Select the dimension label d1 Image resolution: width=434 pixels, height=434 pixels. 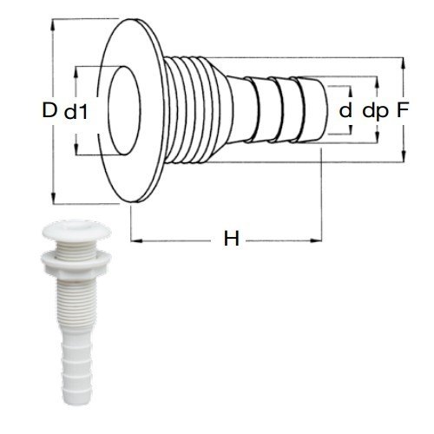[79, 111]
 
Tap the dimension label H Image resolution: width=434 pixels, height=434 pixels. [231, 239]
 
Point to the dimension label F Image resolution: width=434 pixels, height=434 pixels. [403, 110]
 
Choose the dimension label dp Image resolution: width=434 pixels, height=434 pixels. [375, 110]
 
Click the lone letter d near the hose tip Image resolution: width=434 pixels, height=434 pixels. [345, 110]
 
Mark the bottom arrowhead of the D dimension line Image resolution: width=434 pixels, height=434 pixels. [55, 199]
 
